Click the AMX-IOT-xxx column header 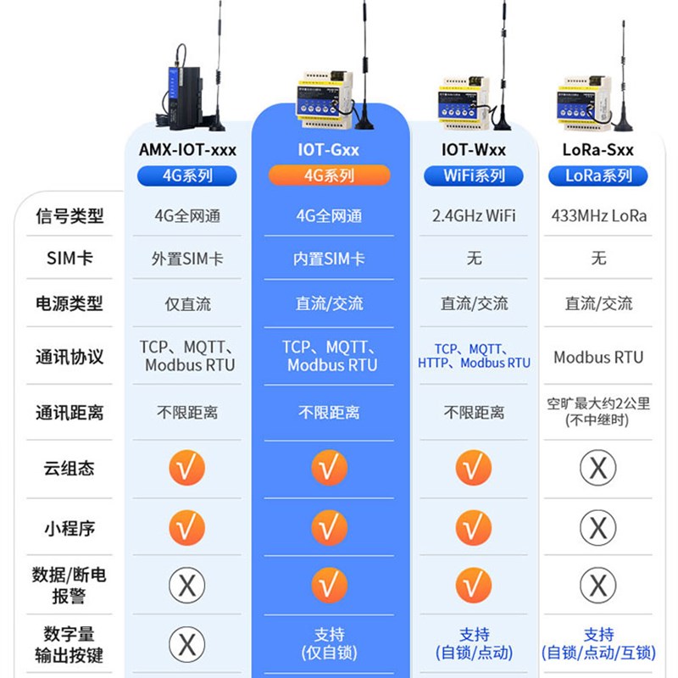[187, 151]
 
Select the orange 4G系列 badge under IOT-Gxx [329, 175]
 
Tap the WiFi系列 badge [474, 175]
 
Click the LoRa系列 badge [598, 175]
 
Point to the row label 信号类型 [69, 216]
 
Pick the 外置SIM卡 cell [187, 258]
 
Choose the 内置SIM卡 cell [329, 258]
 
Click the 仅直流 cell [187, 303]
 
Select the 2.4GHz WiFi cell [474, 216]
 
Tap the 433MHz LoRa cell [598, 216]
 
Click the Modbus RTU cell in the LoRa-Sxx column [598, 357]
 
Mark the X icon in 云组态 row [598, 468]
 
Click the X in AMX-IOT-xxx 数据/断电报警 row [187, 585]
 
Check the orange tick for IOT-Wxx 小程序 [474, 528]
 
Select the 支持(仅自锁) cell [329, 643]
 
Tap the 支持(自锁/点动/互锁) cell [598, 643]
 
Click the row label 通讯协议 [69, 357]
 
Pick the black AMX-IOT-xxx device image [181, 85]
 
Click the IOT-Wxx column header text [474, 151]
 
